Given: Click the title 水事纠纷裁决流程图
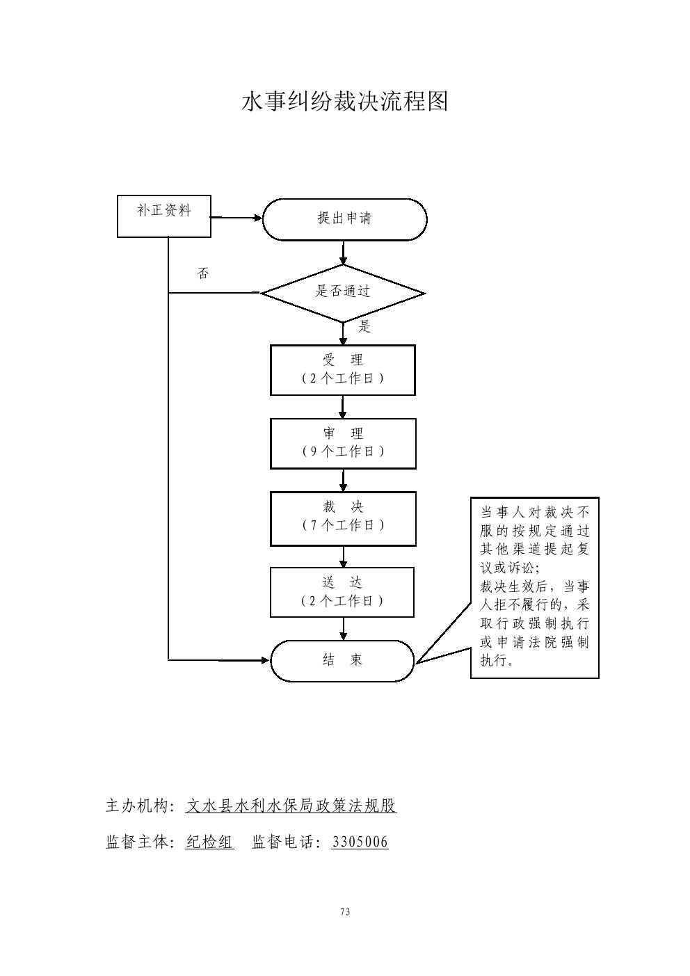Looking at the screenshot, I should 344,102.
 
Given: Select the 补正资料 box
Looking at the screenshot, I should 164,216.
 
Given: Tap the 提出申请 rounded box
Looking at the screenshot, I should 344,219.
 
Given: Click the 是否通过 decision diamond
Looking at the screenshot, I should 343,293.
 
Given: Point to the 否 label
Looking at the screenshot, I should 203,274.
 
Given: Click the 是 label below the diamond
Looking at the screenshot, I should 364,326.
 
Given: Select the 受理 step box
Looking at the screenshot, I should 343,370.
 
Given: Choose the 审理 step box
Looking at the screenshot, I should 343,443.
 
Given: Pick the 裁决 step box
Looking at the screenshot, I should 343,518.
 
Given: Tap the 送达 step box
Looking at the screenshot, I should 342,592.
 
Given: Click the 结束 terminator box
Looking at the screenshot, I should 342,660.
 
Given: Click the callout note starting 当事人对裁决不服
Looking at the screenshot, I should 534,586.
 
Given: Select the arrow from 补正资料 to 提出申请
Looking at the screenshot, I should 236,218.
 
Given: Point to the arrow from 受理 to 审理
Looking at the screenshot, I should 343,407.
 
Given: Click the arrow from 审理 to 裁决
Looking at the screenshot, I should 343,480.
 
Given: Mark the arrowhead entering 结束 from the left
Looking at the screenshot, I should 264,659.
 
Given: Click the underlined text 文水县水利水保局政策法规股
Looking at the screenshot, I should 291,806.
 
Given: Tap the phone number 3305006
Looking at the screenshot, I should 360,842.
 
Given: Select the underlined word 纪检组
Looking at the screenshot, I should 209,842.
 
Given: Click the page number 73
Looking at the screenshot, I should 345,912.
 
